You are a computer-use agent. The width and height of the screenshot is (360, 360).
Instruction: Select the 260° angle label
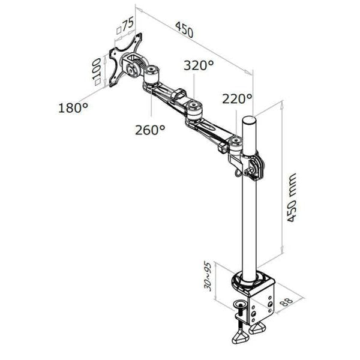tap(150, 129)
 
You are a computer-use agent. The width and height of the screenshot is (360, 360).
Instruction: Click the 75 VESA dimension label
tap(127, 25)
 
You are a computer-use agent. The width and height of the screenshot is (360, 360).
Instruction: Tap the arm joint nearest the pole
tap(236, 143)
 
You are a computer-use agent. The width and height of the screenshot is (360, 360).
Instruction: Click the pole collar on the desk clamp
tap(248, 281)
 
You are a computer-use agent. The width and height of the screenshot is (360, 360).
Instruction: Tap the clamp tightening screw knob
tap(241, 307)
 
